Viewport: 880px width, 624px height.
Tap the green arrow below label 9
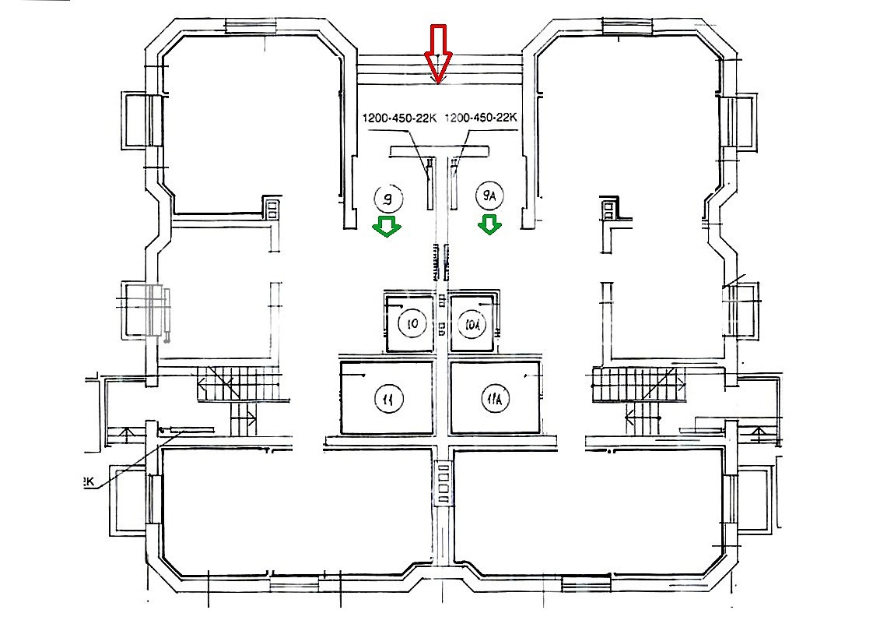(387, 225)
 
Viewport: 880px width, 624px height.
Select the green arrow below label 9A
(489, 224)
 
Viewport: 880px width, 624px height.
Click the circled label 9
(387, 198)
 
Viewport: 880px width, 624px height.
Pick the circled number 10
(412, 323)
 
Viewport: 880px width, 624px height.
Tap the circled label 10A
(472, 323)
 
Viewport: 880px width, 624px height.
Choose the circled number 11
(387, 400)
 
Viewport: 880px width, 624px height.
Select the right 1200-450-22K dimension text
(481, 118)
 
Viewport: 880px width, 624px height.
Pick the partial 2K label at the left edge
(87, 482)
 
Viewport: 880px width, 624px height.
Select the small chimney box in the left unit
(272, 209)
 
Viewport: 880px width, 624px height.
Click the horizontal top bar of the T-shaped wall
(439, 150)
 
